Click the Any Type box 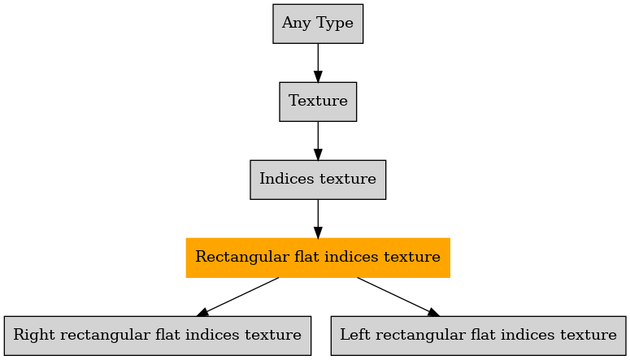point(318,24)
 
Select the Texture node point(318,102)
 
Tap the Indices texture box point(318,180)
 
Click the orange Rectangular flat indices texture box point(318,258)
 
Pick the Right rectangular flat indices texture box point(158,336)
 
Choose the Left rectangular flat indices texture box point(479,336)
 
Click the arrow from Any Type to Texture point(318,63)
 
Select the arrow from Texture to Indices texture point(318,141)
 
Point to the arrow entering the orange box point(318,219)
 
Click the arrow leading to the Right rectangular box point(237,297)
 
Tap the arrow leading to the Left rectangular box point(398,297)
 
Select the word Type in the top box point(335,23)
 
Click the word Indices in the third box point(281,179)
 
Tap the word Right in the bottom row point(30,335)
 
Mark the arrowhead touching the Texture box point(318,76)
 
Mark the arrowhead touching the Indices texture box point(318,154)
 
